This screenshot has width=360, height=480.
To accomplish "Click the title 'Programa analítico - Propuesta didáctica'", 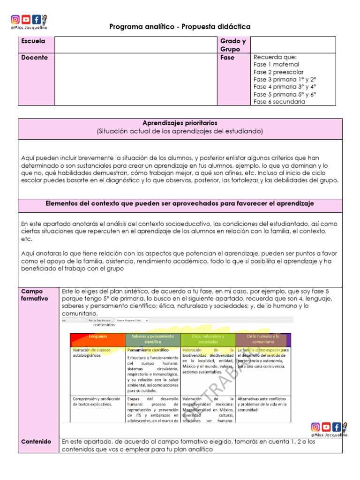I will (x=180, y=27).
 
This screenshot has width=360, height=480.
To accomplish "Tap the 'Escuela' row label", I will (x=33, y=41).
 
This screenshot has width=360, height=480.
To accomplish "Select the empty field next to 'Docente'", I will (x=135, y=79).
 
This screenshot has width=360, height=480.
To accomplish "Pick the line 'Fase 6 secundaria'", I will (x=279, y=102).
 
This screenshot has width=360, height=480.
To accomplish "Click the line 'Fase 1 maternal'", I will (x=276, y=65).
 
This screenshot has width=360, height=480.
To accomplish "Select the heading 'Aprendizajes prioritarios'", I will (x=180, y=123).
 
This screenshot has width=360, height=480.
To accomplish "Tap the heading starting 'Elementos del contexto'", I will (x=180, y=204).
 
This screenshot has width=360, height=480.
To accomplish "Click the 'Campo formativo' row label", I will (x=35, y=295).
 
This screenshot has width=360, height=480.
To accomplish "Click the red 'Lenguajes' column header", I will (x=97, y=337).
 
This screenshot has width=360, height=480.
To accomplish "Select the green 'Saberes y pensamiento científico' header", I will (x=152, y=339).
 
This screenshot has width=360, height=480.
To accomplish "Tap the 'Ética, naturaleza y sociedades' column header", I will (x=208, y=339).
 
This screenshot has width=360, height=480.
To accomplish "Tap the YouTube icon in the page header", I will (x=26, y=20).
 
